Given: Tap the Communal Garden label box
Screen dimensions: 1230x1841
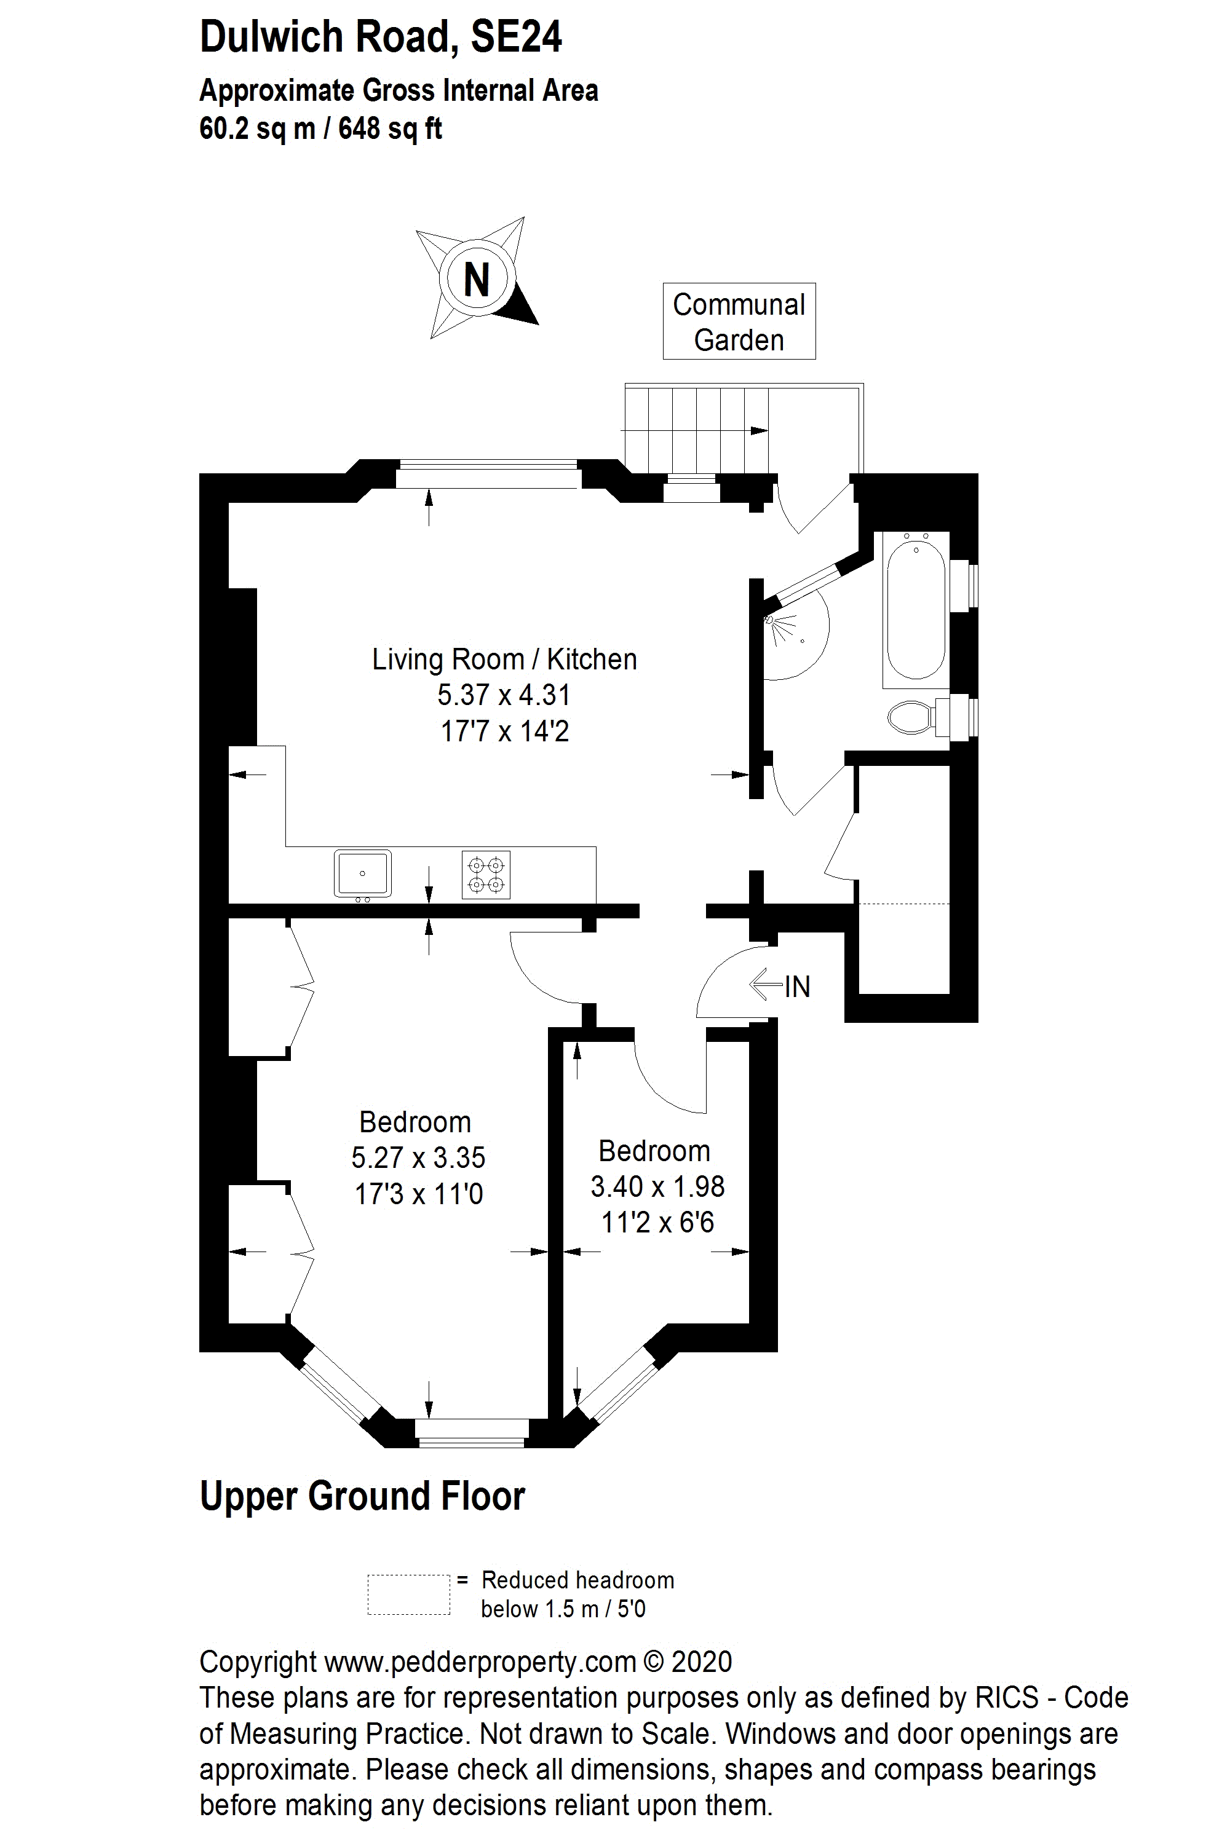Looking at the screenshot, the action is (739, 321).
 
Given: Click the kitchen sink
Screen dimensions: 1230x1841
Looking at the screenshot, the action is (362, 873).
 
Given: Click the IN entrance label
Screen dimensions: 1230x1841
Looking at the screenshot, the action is (797, 987).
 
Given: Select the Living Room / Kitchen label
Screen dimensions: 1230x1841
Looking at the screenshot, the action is (504, 660).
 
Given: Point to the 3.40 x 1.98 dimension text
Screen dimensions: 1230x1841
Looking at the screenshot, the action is (657, 1186).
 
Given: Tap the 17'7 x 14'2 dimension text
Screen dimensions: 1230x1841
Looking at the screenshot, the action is (504, 731).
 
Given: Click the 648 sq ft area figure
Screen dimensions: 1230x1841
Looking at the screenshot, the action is (390, 128).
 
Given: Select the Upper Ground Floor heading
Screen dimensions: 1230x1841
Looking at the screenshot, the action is (362, 1495).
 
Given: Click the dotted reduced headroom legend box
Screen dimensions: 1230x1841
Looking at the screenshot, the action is (409, 1595).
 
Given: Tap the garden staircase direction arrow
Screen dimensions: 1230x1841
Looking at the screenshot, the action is (695, 430).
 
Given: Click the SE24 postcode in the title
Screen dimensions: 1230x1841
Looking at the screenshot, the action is (516, 37).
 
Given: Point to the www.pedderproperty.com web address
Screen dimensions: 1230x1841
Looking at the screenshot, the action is (480, 1662).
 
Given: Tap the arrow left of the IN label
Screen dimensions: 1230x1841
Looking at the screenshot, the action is (766, 985).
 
